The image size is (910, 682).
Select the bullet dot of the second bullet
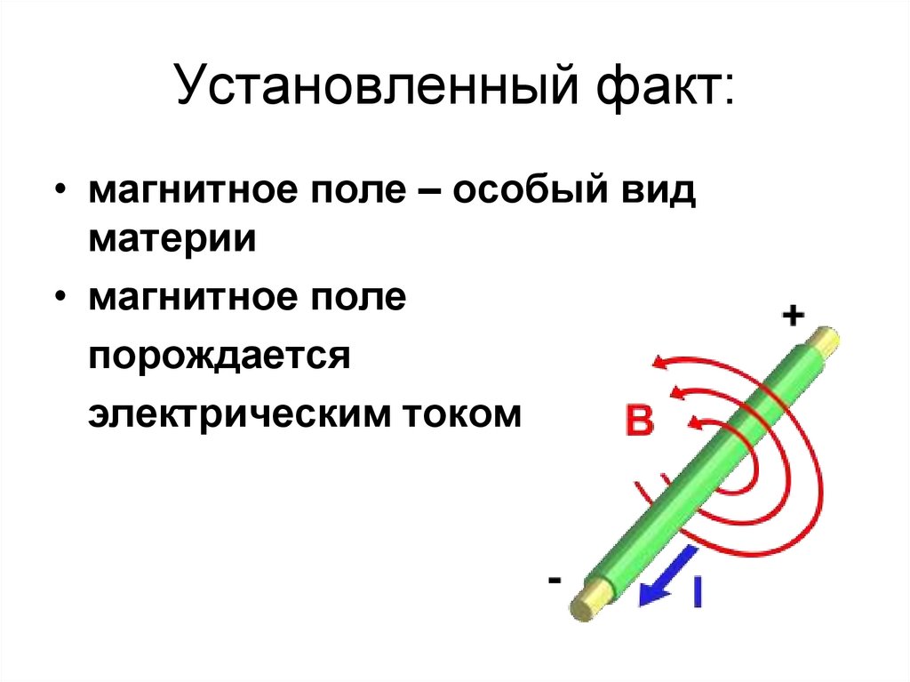point(61,299)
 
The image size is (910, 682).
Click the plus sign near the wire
point(794,315)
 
